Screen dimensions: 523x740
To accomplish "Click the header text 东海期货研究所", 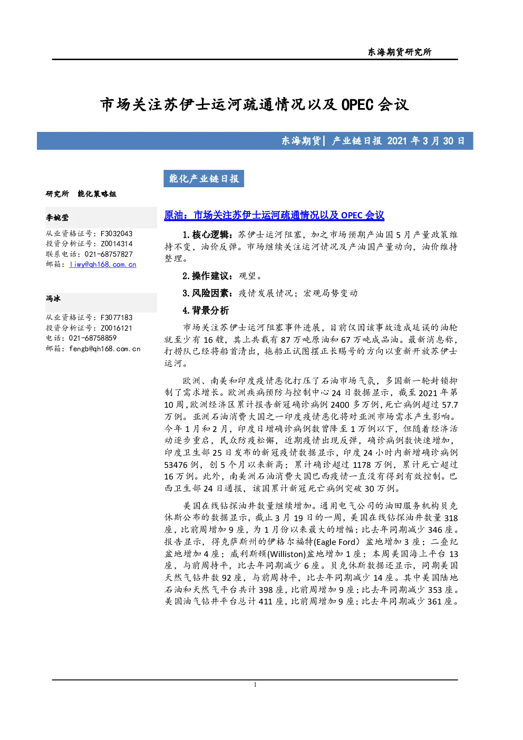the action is (x=400, y=52).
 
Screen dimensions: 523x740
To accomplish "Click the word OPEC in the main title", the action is (x=357, y=105).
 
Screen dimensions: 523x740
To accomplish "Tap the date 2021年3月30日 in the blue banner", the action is (x=426, y=141).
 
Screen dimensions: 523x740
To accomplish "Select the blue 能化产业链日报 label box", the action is (x=204, y=179).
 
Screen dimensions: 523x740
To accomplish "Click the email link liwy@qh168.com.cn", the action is (x=103, y=265).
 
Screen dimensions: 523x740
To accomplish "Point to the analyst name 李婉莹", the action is (x=57, y=217).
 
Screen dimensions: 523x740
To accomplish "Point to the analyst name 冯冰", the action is (x=53, y=299).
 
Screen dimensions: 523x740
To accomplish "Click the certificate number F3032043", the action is (x=117, y=234).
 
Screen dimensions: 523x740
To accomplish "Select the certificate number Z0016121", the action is (x=117, y=328).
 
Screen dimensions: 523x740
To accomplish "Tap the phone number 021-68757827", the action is (x=109, y=254).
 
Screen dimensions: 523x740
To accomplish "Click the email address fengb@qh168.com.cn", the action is (x=105, y=349).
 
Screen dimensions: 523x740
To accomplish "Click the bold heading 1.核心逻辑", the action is (x=206, y=235).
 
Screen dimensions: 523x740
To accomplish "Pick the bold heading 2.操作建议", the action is (x=206, y=276).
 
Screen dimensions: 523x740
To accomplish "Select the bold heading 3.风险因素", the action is (x=206, y=293).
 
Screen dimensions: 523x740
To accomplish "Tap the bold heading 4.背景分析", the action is (x=206, y=311).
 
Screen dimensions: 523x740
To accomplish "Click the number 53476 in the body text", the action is (x=176, y=465).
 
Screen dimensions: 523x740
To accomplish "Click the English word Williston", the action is (x=287, y=554).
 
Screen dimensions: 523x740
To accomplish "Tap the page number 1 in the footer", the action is (x=255, y=685).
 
